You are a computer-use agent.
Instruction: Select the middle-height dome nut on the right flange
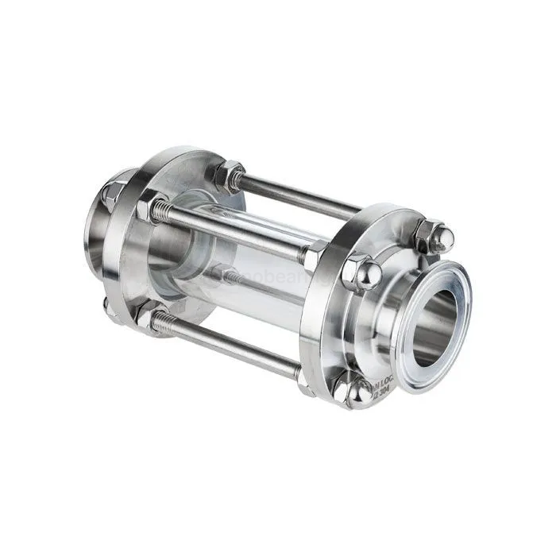(361, 272)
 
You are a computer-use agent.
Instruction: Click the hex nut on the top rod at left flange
(231, 174)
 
